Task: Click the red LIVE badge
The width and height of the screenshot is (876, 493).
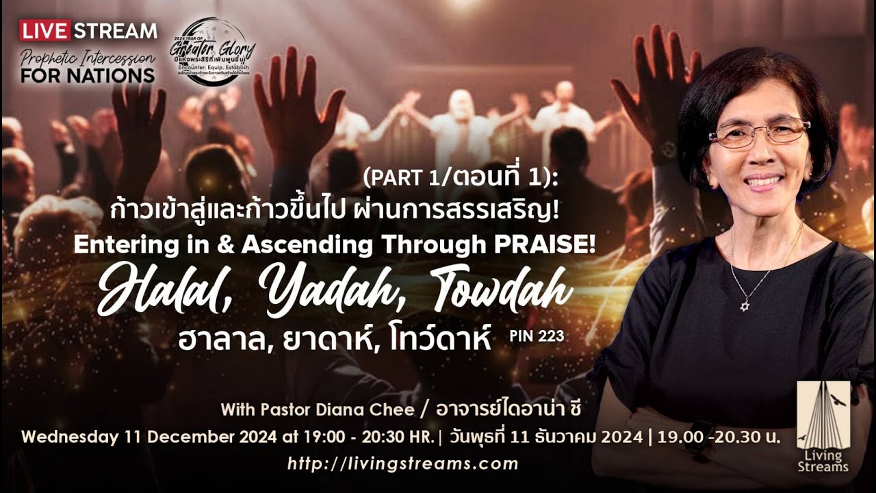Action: (x=45, y=31)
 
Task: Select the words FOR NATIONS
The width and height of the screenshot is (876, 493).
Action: (x=87, y=75)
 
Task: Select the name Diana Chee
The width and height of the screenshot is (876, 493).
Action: (x=374, y=409)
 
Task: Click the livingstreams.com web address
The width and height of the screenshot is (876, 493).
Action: (x=402, y=464)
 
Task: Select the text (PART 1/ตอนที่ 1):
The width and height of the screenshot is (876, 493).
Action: (x=461, y=179)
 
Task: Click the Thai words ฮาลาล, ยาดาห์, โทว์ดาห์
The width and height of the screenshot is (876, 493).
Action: (x=335, y=338)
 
